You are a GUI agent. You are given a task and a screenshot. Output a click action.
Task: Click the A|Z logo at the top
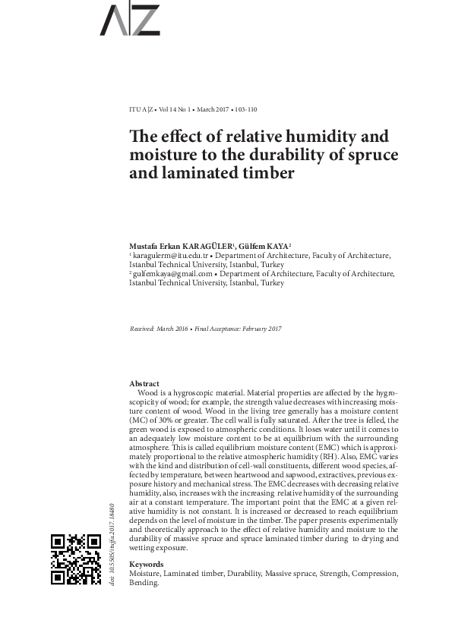[130, 20]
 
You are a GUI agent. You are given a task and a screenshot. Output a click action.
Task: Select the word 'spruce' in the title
[371, 156]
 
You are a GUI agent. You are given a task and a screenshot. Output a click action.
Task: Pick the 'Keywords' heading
[146, 565]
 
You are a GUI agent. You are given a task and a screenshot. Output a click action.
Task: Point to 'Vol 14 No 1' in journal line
[179, 109]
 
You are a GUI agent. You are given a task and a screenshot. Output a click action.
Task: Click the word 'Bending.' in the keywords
[144, 583]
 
